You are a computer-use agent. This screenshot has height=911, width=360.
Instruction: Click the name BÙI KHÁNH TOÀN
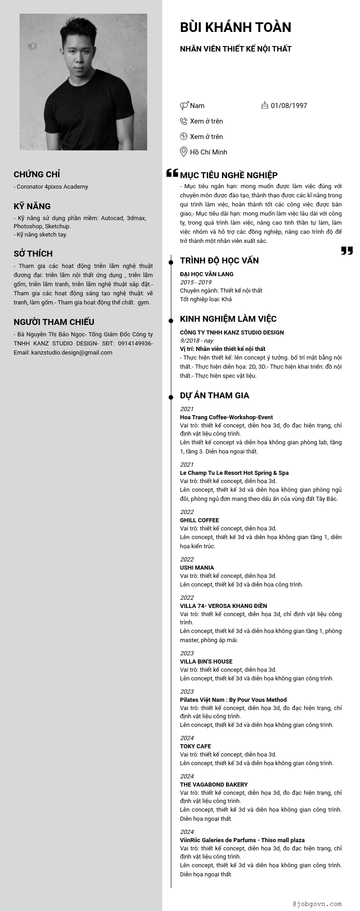click(x=236, y=27)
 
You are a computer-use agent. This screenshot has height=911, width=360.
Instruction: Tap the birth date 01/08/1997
click(x=289, y=106)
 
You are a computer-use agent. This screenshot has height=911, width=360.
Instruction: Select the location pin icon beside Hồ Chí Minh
click(x=184, y=152)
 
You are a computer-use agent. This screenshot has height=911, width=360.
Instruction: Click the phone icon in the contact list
click(x=184, y=121)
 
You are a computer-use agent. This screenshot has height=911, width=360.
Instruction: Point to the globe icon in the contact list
click(x=184, y=136)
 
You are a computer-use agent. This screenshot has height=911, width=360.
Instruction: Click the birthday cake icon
click(x=265, y=105)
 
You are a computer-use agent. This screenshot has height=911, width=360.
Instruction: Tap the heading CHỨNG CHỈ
click(x=37, y=175)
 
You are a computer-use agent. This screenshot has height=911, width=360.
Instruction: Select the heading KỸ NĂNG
click(x=32, y=206)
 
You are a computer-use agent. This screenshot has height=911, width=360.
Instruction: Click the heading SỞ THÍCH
click(x=33, y=254)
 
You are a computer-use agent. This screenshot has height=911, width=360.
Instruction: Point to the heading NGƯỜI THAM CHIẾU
click(x=54, y=322)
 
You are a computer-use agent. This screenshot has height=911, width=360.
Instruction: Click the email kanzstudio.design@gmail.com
click(x=72, y=353)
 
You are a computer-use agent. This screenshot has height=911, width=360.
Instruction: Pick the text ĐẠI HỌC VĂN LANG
click(x=206, y=274)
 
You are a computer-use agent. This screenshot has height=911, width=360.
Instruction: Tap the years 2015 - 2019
click(x=195, y=283)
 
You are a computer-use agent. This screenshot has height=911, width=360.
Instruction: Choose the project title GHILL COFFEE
click(x=199, y=520)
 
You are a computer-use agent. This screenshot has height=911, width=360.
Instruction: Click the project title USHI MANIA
click(x=197, y=568)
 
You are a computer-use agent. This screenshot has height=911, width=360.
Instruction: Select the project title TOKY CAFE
click(x=195, y=746)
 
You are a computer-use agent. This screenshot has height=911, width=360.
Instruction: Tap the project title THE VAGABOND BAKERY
click(x=214, y=785)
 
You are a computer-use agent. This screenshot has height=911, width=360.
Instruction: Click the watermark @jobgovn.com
click(x=317, y=904)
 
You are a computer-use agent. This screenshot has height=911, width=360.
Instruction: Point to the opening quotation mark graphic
click(x=172, y=173)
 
